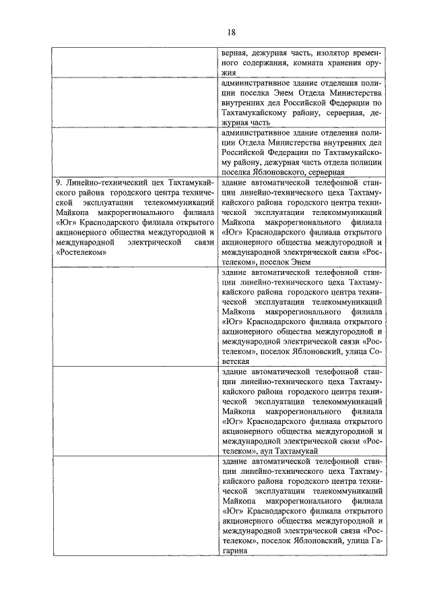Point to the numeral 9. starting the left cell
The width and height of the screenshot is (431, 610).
(x=59, y=183)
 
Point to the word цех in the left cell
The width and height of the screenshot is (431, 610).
(x=147, y=183)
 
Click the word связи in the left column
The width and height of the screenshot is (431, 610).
(x=203, y=241)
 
